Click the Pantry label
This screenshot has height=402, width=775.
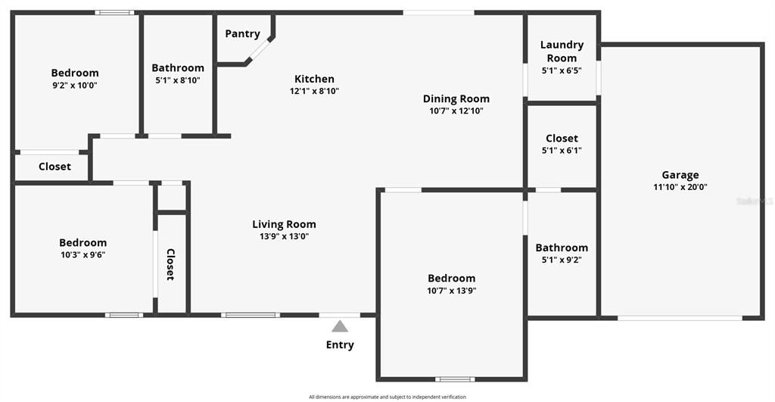242,33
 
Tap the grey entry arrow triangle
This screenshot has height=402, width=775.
340,326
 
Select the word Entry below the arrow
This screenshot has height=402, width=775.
340,345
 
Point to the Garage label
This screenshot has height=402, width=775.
680,175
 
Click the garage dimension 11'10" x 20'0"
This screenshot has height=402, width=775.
680,187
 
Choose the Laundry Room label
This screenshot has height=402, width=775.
562,51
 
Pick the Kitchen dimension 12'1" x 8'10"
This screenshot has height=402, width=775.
314,91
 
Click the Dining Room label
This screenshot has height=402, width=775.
456,98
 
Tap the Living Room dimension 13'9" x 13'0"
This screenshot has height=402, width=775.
284,236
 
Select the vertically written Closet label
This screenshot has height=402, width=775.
171,264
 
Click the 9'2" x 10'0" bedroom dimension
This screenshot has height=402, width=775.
75,85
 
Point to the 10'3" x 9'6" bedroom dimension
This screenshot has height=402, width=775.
82,254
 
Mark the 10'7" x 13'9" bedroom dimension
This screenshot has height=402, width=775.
451,290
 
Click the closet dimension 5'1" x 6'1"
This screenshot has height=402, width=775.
562,150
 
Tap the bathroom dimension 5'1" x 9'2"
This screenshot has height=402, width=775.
562,260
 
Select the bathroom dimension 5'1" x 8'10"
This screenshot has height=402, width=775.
178,79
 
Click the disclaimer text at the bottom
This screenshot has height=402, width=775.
387,397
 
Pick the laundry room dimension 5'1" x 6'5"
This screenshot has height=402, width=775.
562,70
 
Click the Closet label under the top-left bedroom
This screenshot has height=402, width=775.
54,167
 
